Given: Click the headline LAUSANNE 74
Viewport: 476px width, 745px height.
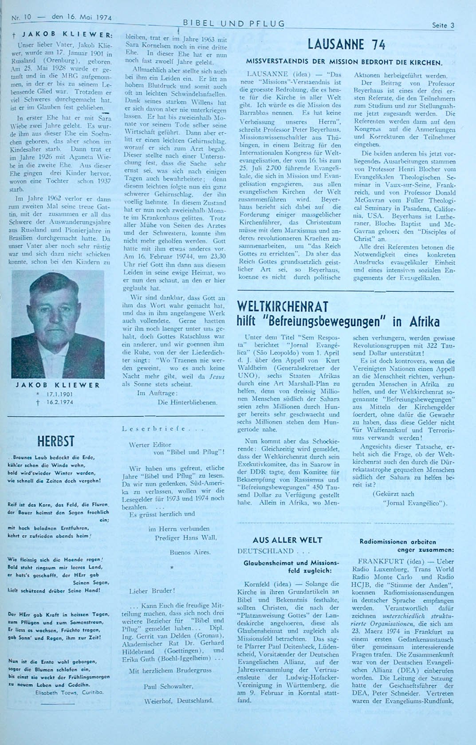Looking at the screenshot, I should (346, 45).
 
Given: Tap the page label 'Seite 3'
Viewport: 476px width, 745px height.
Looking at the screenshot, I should (443, 25).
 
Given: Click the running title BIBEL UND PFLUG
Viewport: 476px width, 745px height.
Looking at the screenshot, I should (233, 24).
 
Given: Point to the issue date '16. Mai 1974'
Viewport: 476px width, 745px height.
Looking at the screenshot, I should (82, 17).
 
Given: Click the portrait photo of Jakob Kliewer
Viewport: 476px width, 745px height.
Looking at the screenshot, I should (58, 324).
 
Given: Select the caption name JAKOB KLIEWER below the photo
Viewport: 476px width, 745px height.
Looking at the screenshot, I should (58, 385).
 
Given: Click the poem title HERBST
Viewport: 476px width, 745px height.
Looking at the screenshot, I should (56, 441).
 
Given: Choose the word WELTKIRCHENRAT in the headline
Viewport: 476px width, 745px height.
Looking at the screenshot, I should (283, 306).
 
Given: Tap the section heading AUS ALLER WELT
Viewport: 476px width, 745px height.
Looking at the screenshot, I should (287, 540).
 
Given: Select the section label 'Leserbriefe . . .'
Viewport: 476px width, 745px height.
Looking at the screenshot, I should (162, 429).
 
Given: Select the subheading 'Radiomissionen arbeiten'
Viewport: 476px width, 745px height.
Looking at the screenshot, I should (397, 541).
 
